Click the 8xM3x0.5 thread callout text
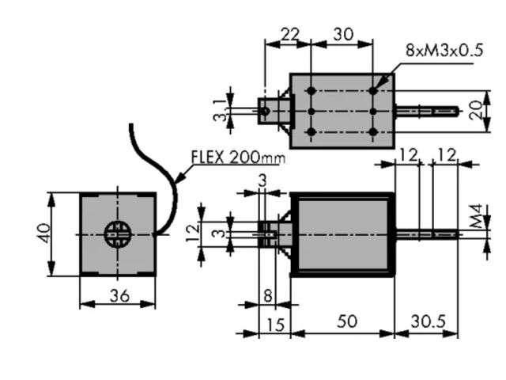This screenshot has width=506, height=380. click(x=444, y=50)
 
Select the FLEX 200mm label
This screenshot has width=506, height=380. click(x=239, y=158)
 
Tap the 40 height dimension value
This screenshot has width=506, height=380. click(x=44, y=234)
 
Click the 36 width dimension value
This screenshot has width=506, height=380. click(x=119, y=295)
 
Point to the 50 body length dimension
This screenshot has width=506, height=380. click(x=347, y=321)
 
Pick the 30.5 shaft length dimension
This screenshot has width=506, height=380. click(x=428, y=321)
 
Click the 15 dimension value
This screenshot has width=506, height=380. click(x=275, y=325)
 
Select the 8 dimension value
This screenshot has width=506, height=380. click(x=268, y=295)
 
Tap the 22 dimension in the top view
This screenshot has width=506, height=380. click(x=290, y=34)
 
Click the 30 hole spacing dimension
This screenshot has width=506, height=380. click(x=343, y=34)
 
